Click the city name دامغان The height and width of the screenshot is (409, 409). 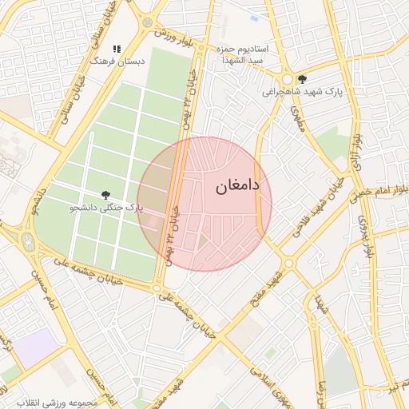coord(237,186)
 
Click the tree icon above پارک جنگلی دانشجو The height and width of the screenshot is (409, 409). coord(105,195)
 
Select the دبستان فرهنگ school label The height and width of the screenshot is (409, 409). coord(117,61)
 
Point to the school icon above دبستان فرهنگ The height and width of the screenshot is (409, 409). coord(117,49)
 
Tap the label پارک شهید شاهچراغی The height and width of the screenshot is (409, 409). coord(303,92)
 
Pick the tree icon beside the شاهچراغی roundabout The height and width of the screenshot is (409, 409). coord(302,79)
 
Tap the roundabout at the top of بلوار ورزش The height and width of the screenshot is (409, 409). coord(147,22)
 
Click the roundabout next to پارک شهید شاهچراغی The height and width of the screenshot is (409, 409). coord(286,79)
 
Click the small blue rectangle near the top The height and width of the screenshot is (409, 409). coord(254,18)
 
